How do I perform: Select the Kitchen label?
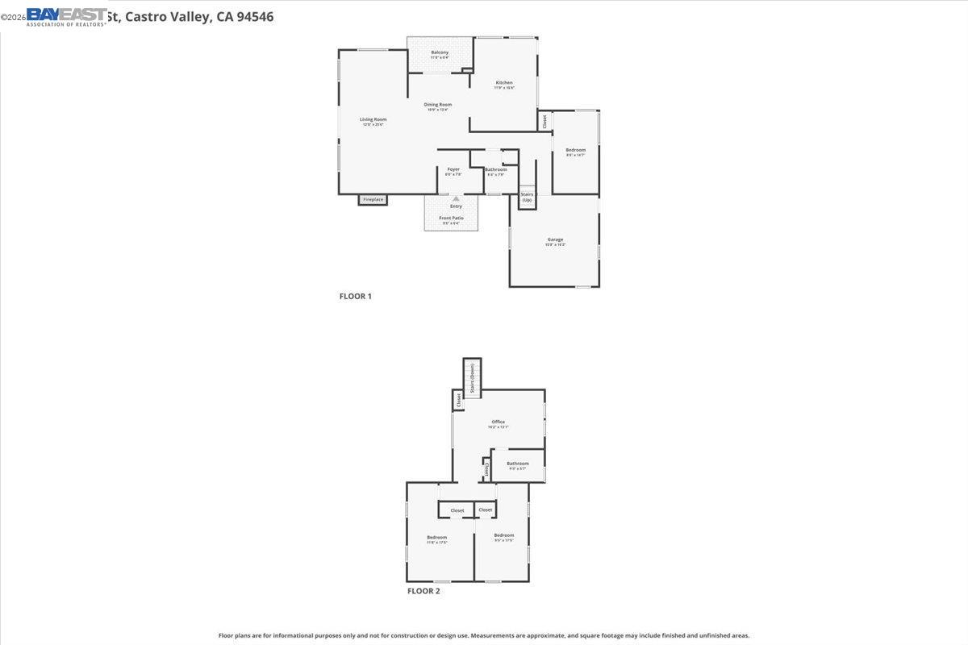tap(504, 83)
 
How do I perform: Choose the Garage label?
tap(555, 239)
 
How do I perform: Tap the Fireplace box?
tap(373, 199)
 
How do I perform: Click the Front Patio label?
tap(451, 218)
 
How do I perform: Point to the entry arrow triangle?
tap(456, 198)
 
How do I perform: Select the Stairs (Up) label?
tap(527, 197)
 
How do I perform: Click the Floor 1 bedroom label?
tap(575, 150)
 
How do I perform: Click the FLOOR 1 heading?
tap(355, 296)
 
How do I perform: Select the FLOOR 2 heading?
tap(423, 591)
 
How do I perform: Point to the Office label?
tap(498, 422)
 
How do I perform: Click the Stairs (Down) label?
tap(472, 377)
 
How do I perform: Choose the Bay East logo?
tap(66, 16)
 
